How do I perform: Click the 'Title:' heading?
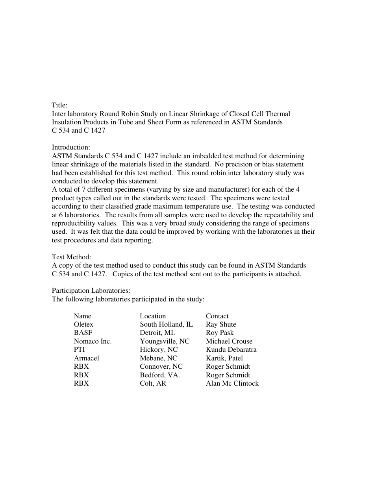click(x=59, y=105)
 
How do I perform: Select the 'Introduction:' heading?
click(x=71, y=148)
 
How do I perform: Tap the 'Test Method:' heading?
click(x=71, y=257)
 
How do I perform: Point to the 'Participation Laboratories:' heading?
click(x=91, y=291)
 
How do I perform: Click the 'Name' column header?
click(x=82, y=316)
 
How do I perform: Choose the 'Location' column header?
click(x=153, y=316)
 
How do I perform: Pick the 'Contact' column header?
click(x=217, y=316)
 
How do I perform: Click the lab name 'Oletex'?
click(x=83, y=325)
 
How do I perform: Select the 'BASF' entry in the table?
click(x=83, y=333)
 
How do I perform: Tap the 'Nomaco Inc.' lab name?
click(x=93, y=342)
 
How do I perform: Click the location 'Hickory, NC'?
click(x=159, y=350)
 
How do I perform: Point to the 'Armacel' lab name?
click(x=86, y=358)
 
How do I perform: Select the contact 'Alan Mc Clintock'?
click(x=232, y=383)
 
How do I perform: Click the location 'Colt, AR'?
click(x=153, y=383)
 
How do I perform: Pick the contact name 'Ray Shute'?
click(x=221, y=325)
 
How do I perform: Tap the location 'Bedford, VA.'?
click(x=160, y=375)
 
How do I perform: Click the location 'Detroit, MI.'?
click(x=157, y=333)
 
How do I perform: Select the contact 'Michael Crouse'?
click(x=229, y=342)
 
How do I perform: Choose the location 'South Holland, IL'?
click(x=167, y=325)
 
